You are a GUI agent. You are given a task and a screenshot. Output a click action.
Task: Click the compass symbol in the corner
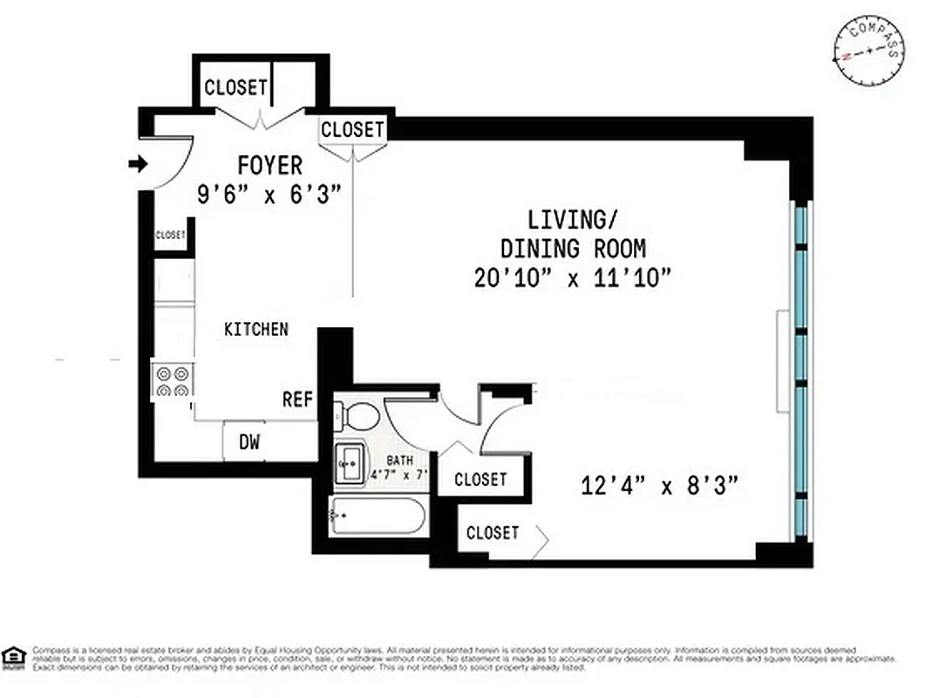[x=869, y=51]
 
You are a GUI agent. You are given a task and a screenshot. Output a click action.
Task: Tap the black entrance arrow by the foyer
[x=138, y=163]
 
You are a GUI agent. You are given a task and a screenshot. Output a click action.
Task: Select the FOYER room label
[x=270, y=165]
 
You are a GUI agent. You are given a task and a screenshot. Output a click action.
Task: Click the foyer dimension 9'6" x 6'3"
[x=268, y=194]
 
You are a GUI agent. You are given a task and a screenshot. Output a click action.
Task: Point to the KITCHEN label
[x=256, y=329]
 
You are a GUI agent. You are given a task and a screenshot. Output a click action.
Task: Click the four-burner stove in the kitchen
[x=173, y=380]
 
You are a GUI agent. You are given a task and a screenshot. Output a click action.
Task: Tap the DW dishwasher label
[x=249, y=442]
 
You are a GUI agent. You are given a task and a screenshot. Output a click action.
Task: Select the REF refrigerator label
[x=297, y=400]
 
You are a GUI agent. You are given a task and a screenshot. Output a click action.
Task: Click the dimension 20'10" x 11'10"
[x=574, y=277]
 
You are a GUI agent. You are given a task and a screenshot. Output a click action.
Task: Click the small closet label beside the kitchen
[x=171, y=236]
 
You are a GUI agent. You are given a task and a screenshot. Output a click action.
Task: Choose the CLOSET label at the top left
[x=235, y=87]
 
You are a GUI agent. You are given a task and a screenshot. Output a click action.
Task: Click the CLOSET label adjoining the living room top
[x=352, y=130]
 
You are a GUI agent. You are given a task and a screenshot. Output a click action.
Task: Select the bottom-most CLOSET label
[x=493, y=532]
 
